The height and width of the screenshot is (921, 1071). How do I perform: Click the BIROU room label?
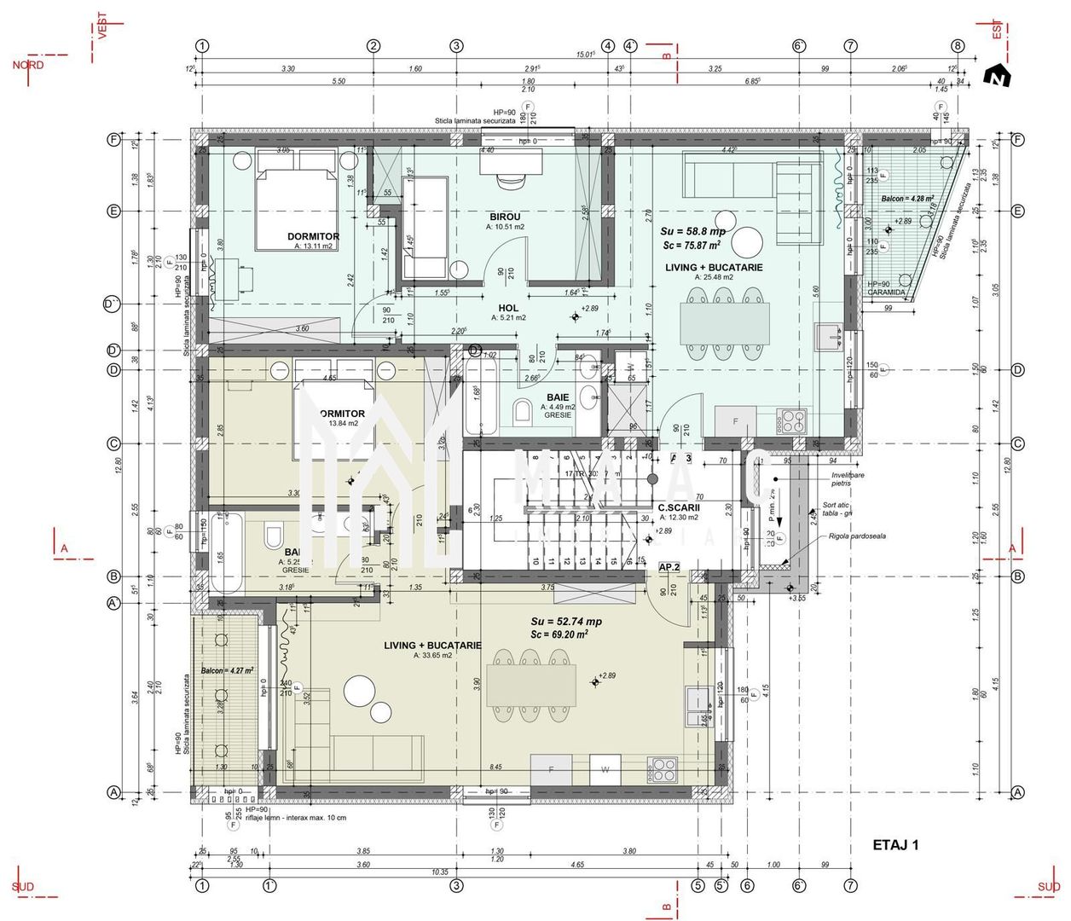[505, 217]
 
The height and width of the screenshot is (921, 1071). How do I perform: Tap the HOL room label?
[508, 308]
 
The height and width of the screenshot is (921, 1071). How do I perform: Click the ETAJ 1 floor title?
[895, 845]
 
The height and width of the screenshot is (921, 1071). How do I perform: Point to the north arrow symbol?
[996, 77]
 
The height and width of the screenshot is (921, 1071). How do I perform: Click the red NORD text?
[28, 65]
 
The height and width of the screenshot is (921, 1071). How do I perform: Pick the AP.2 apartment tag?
[669, 566]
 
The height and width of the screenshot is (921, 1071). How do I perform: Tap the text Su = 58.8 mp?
[692, 231]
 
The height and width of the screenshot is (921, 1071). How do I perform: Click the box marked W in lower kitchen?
[605, 768]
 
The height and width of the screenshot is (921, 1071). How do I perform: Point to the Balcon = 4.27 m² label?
[227, 670]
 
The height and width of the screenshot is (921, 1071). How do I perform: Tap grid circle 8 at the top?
[958, 46]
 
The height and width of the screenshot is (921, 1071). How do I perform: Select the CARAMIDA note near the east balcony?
[886, 293]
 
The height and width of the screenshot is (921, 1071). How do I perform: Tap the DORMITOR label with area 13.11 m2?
[313, 237]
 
